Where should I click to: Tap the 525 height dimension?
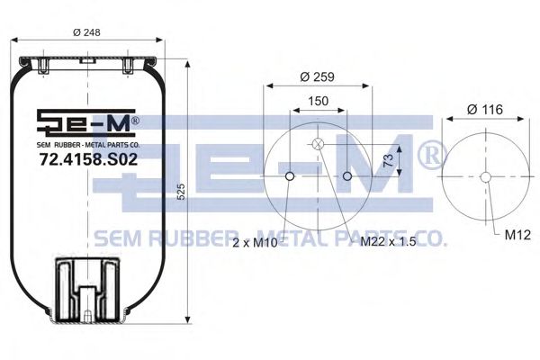(181, 193)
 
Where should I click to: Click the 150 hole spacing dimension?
(318, 103)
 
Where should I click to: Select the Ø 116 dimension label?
(486, 109)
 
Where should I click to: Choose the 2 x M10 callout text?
(256, 242)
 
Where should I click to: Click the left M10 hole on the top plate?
(289, 176)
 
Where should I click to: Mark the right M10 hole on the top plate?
(347, 176)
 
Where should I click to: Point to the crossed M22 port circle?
(318, 145)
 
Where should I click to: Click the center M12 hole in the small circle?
(485, 176)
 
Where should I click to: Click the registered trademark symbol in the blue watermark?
(429, 155)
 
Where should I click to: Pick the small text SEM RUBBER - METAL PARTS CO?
(88, 144)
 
